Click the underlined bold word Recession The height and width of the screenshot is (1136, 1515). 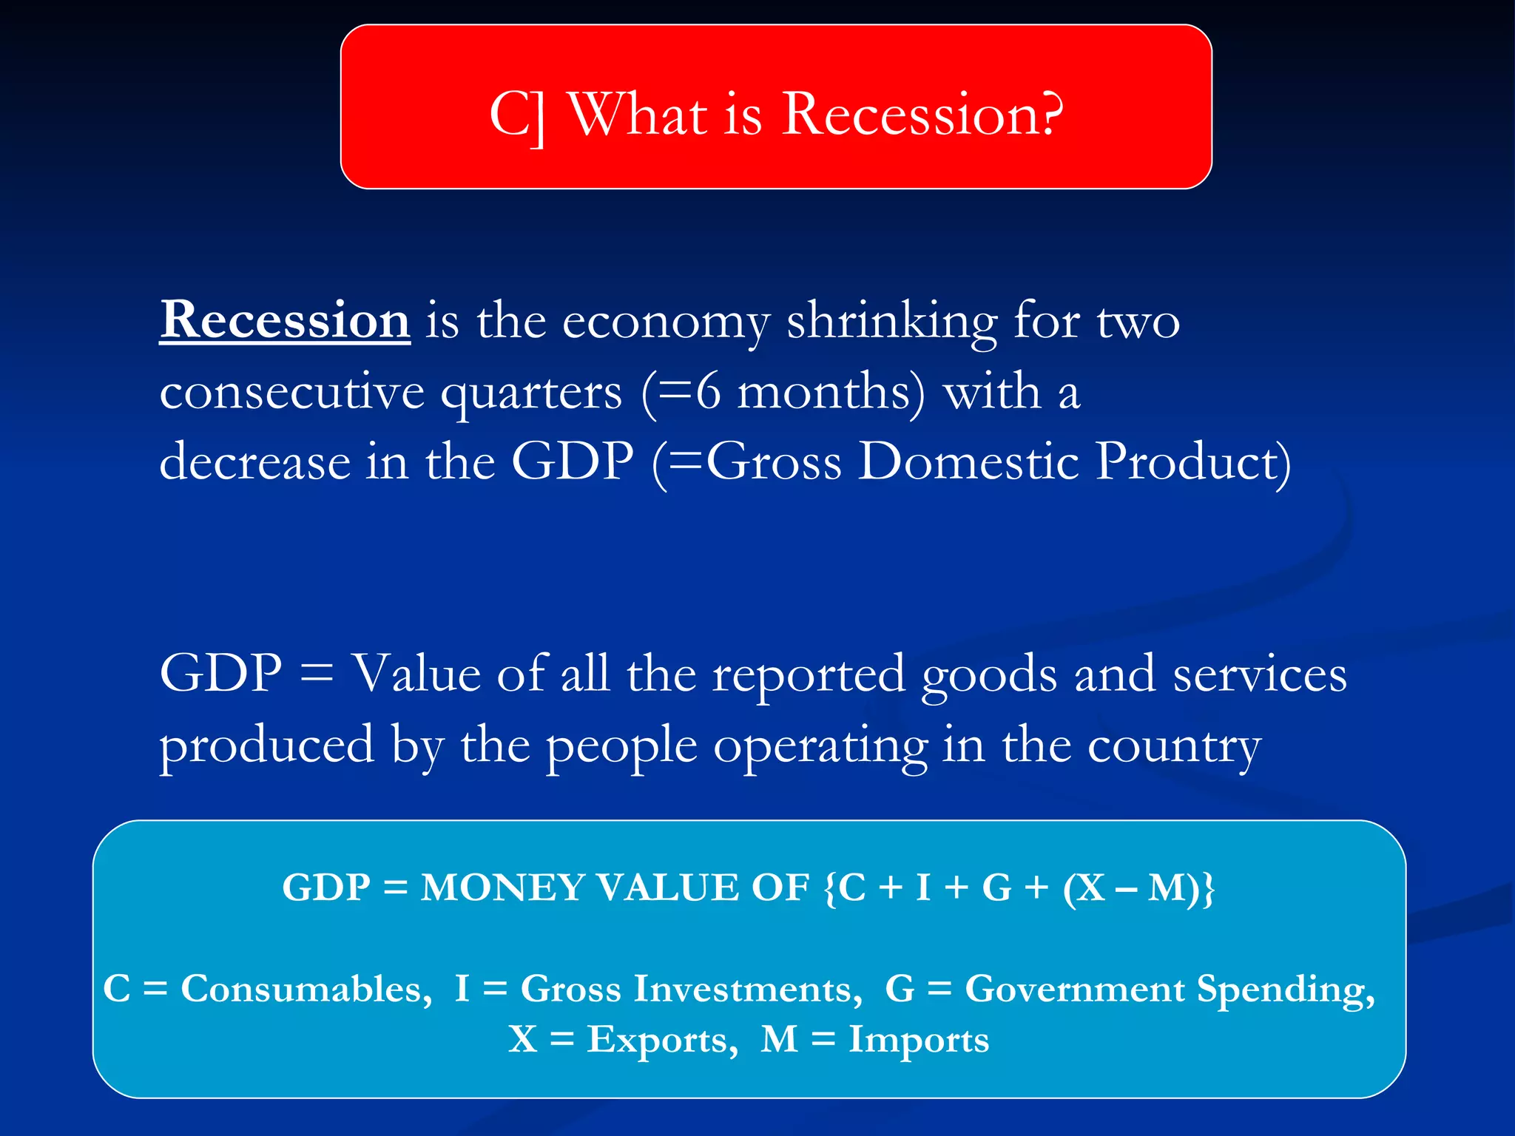pyautogui.click(x=285, y=320)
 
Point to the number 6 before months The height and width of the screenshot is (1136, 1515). pyautogui.click(x=708, y=391)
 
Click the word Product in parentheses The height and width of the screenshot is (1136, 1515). pyautogui.click(x=1187, y=461)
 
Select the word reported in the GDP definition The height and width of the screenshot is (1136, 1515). pyautogui.click(x=808, y=675)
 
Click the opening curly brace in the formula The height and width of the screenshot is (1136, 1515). pyautogui.click(x=828, y=888)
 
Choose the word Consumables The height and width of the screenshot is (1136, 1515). pyautogui.click(x=306, y=989)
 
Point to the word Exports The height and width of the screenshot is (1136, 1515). pyautogui.click(x=662, y=1039)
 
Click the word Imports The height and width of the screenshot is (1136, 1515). pyautogui.click(x=918, y=1039)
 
